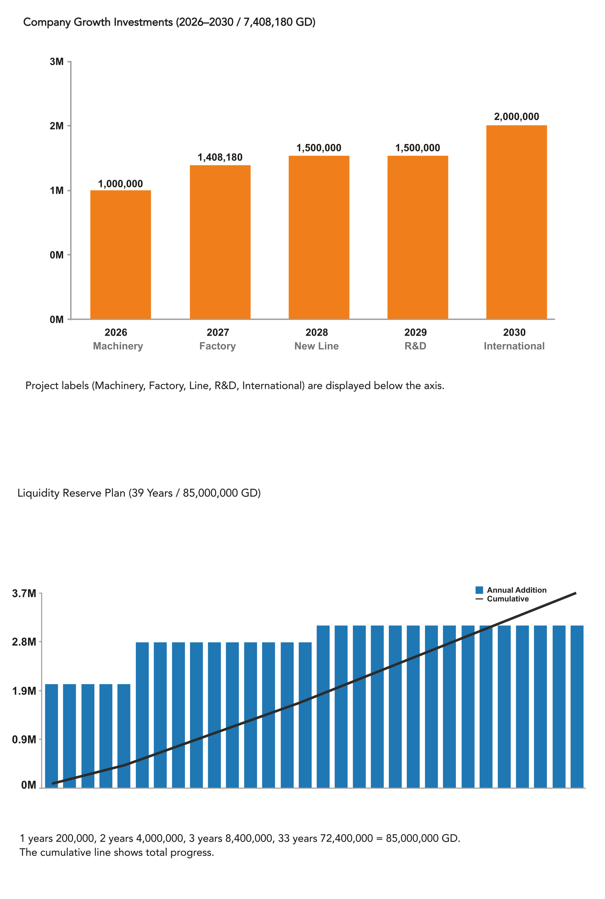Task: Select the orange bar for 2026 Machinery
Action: tap(120, 254)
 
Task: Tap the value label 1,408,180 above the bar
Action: tap(220, 157)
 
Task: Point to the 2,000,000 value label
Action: tap(516, 117)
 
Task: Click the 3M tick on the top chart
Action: tap(57, 62)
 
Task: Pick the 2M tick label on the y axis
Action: tap(57, 126)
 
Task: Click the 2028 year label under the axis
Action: tap(317, 332)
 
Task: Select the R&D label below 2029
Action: tap(415, 346)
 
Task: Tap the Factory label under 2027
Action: tap(217, 346)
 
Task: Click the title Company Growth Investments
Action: tap(98, 22)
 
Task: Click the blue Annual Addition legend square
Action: tap(479, 590)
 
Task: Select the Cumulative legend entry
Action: tap(507, 599)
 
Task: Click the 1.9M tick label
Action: tap(24, 691)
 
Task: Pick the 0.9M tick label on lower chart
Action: tap(24, 740)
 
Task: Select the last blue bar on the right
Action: tap(577, 707)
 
